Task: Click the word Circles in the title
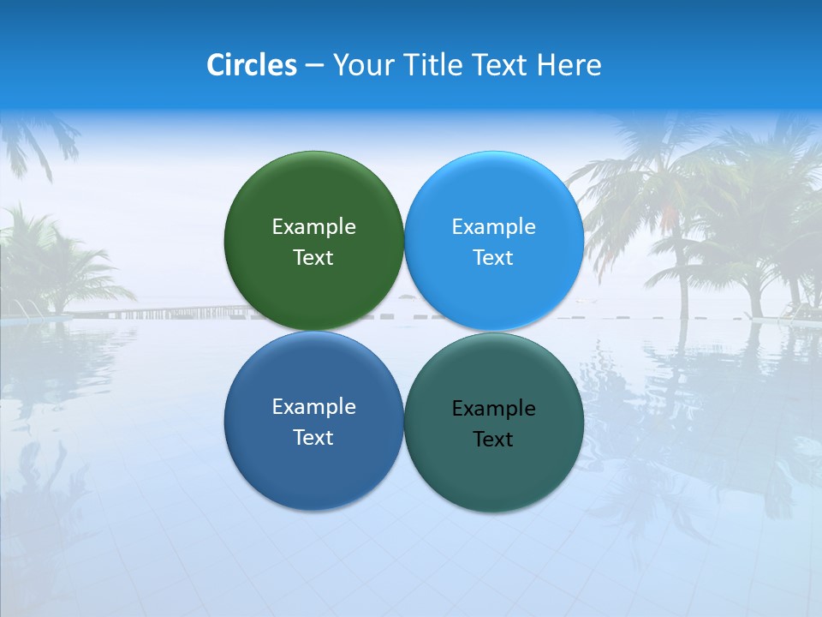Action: click(252, 65)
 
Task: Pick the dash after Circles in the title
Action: click(314, 66)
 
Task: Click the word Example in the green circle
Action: click(313, 226)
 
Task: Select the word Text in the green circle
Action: click(313, 257)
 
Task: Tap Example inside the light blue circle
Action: click(493, 226)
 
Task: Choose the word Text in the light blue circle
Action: click(493, 257)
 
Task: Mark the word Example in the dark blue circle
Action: click(313, 406)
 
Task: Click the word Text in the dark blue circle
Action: click(313, 437)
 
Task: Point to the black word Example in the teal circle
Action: click(493, 408)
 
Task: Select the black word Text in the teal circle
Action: click(493, 439)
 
